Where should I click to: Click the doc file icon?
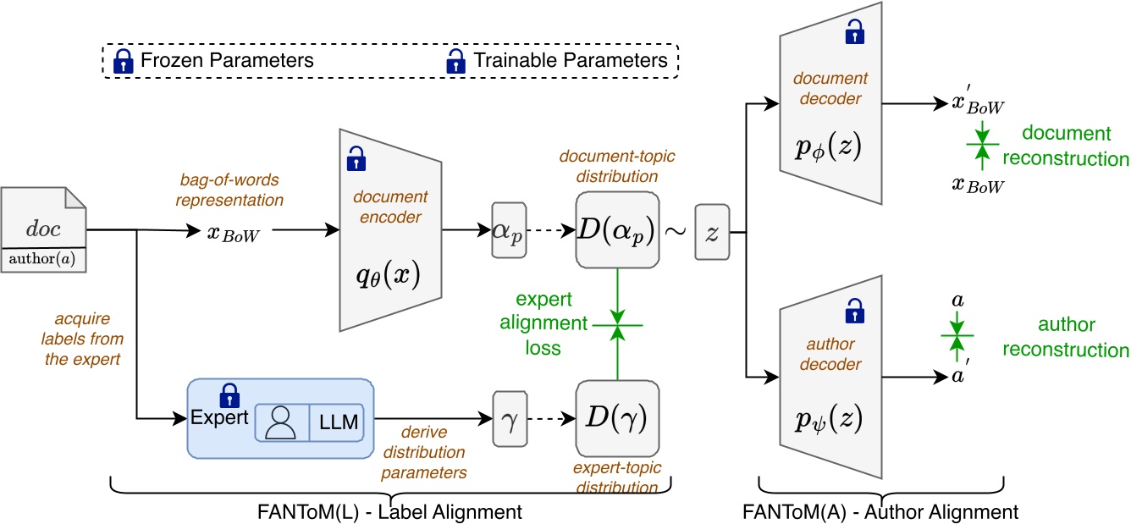(x=43, y=229)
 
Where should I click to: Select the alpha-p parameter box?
(x=509, y=230)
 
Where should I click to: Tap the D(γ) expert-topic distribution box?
(x=617, y=418)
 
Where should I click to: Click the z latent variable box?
(x=712, y=232)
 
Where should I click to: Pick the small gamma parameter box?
(x=510, y=418)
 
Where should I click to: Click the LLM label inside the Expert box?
(x=338, y=422)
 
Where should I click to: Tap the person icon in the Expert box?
(x=280, y=423)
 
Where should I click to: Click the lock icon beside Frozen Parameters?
(x=124, y=61)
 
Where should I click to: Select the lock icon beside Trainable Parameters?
(x=455, y=61)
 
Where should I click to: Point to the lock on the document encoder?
(x=356, y=158)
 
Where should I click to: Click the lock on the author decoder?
(x=854, y=311)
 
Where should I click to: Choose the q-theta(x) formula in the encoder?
(x=388, y=276)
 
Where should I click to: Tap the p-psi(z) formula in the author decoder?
(x=828, y=420)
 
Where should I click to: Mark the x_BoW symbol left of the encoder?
(x=234, y=234)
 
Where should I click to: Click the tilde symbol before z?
(x=675, y=232)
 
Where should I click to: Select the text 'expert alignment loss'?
(x=543, y=323)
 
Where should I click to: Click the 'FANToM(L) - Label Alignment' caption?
(x=389, y=512)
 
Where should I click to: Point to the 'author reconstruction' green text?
(x=1065, y=337)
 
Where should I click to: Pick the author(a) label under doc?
(x=42, y=259)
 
